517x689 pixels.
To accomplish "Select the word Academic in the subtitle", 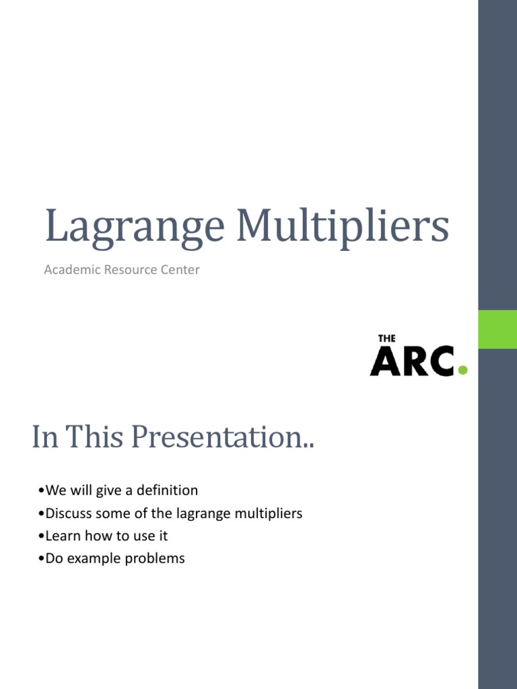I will tap(71, 270).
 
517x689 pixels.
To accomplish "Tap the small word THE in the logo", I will tap(386, 338).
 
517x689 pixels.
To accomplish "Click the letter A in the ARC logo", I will tap(384, 361).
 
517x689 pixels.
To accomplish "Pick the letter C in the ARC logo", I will tap(442, 361).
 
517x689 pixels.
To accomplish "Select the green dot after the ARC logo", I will tap(462, 369).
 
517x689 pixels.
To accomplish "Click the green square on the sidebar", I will tap(497, 329).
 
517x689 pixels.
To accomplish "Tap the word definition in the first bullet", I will tap(167, 491).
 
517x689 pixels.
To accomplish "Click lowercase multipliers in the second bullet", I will tap(268, 513).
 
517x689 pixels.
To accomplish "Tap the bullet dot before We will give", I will tap(42, 491).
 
